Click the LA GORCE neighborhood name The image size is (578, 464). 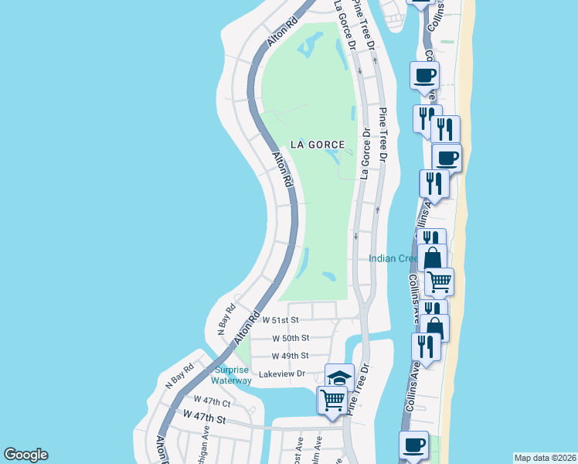pyautogui.click(x=317, y=145)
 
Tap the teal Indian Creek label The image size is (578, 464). pyautogui.click(x=393, y=258)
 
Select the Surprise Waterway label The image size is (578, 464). pyautogui.click(x=233, y=375)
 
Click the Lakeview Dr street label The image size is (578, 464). pyautogui.click(x=283, y=374)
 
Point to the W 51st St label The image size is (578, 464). pyautogui.click(x=280, y=319)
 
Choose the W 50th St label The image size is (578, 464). pyautogui.click(x=291, y=338)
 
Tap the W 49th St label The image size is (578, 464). pyautogui.click(x=291, y=356)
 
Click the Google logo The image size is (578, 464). pyautogui.click(x=25, y=455)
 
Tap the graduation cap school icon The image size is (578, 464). pyautogui.click(x=338, y=377)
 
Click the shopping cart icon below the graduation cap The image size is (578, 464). pyautogui.click(x=332, y=401)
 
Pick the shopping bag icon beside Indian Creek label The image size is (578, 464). pyautogui.click(x=433, y=258)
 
